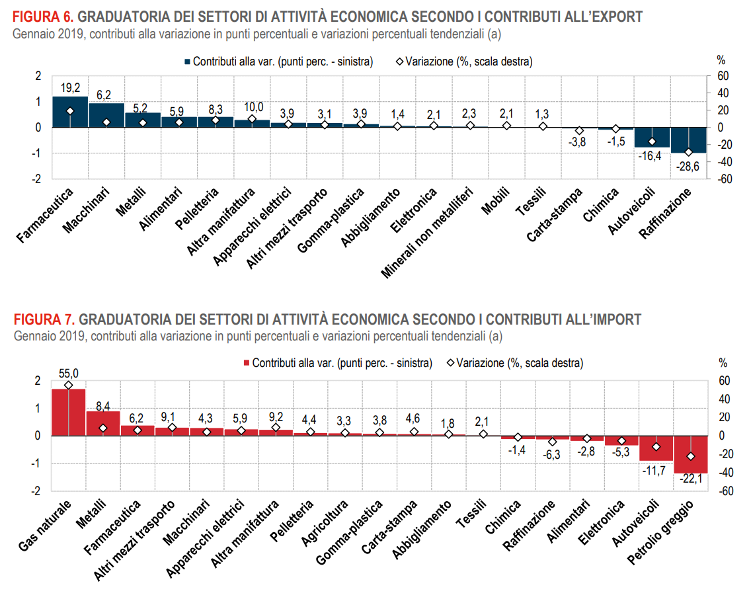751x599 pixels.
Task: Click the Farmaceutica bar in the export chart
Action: pyautogui.click(x=70, y=112)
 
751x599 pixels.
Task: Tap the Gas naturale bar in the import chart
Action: pyautogui.click(x=69, y=413)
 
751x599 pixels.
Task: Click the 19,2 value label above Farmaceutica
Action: pyautogui.click(x=70, y=87)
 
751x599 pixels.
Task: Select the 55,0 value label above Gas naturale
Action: pyautogui.click(x=69, y=374)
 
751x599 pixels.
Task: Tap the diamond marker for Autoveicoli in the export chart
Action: pyautogui.click(x=652, y=141)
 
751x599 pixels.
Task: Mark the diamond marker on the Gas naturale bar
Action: pyautogui.click(x=69, y=385)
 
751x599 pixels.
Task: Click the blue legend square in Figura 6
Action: pyautogui.click(x=187, y=61)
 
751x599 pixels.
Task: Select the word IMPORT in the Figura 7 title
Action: pyautogui.click(x=616, y=320)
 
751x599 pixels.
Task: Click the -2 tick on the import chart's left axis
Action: pyautogui.click(x=38, y=491)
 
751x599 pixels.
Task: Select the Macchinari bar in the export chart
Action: pyautogui.click(x=106, y=115)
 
